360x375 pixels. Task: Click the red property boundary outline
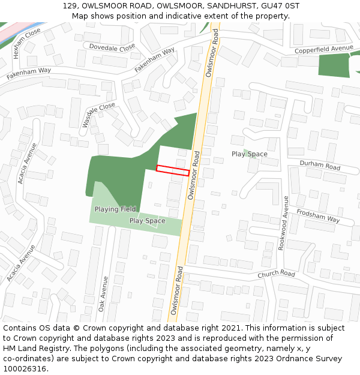[173, 170]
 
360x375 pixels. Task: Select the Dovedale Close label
[112, 47]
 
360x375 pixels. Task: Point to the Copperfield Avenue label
[324, 48]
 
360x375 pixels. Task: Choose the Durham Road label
[320, 166]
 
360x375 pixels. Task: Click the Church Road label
[277, 274]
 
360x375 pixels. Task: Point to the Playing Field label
[115, 209]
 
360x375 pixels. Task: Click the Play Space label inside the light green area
[147, 221]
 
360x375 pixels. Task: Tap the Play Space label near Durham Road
[250, 154]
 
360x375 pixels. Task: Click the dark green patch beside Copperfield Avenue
[334, 65]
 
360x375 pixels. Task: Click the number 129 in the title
[70, 5]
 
